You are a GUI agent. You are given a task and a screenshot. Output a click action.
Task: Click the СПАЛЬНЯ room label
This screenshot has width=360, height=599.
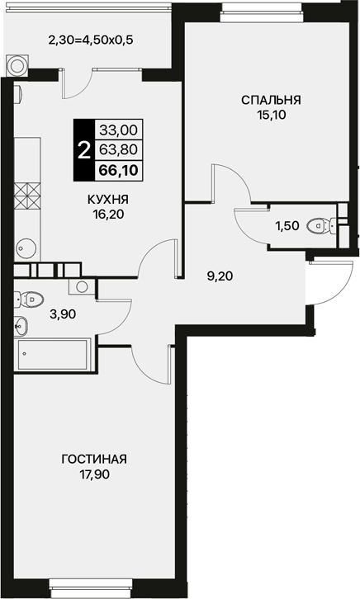(x=271, y=100)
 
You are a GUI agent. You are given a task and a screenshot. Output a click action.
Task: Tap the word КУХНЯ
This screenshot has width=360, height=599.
(x=108, y=200)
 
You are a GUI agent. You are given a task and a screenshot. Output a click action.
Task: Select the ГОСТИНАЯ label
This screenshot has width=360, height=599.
(x=94, y=459)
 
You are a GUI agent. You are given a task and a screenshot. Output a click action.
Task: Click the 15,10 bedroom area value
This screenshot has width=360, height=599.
(x=272, y=115)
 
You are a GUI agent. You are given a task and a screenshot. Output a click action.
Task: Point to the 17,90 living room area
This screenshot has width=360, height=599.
(x=94, y=474)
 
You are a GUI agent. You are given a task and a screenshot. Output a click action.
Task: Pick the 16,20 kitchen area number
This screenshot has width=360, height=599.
(x=108, y=215)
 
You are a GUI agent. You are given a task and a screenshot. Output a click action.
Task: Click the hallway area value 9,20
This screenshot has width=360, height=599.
(x=220, y=276)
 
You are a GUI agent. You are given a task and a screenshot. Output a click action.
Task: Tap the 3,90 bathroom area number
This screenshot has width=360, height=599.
(x=63, y=314)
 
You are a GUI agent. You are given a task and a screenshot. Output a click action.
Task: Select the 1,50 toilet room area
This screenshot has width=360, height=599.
(x=287, y=226)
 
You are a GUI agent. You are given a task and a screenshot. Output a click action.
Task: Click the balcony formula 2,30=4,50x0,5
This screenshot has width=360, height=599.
(x=91, y=40)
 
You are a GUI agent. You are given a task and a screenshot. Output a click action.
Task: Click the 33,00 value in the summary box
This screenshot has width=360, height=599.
(x=118, y=130)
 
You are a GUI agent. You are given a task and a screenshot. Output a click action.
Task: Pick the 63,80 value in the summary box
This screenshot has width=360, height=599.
(x=118, y=150)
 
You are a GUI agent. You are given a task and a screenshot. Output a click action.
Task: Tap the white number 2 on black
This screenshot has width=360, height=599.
(x=83, y=150)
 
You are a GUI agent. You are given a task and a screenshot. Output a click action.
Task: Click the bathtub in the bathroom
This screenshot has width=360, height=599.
(x=53, y=355)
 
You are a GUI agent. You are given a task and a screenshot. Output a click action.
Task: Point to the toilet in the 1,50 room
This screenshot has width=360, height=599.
(x=318, y=225)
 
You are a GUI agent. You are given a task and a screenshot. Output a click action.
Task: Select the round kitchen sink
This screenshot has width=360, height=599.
(x=26, y=249)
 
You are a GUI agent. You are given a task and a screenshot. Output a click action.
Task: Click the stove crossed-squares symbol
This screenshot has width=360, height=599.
(x=27, y=196)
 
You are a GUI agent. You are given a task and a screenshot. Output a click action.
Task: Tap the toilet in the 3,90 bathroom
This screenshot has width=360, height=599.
(x=29, y=299)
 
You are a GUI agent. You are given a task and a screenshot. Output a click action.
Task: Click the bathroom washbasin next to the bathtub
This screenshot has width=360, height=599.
(x=21, y=326)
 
